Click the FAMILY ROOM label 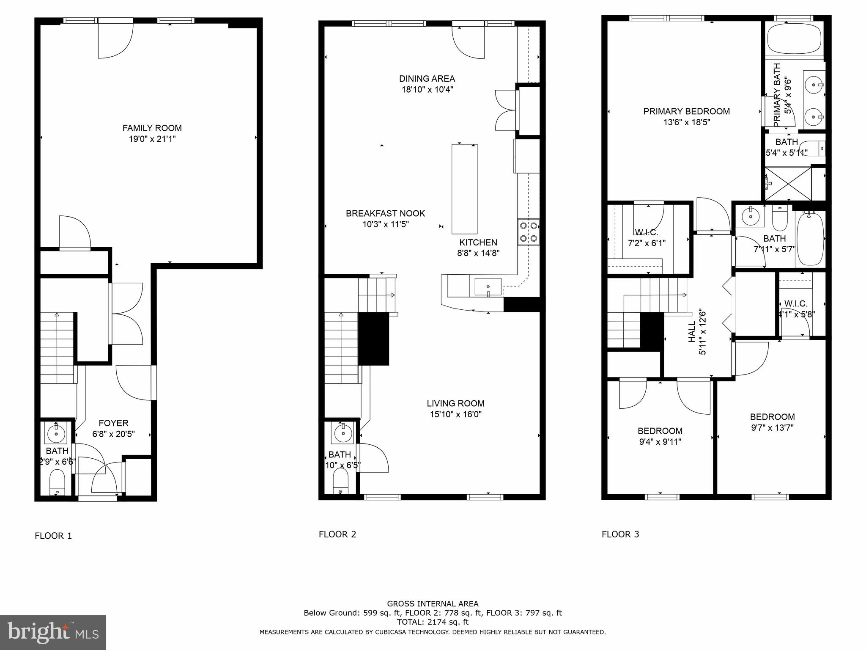(x=152, y=128)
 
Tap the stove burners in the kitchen (x=529, y=232)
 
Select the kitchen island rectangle (x=464, y=189)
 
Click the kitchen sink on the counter (x=488, y=287)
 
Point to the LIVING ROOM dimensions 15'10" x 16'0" (x=455, y=414)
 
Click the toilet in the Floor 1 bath (x=57, y=482)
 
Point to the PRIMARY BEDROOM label (x=686, y=111)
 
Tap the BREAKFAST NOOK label (x=385, y=213)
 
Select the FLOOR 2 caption (x=337, y=534)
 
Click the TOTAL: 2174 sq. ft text (x=433, y=622)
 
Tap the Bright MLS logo (x=53, y=632)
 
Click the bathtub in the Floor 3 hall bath (x=810, y=239)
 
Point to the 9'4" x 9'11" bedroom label (x=660, y=442)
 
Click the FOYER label (x=113, y=423)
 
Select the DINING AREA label (x=427, y=79)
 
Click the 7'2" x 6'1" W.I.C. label (x=647, y=243)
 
